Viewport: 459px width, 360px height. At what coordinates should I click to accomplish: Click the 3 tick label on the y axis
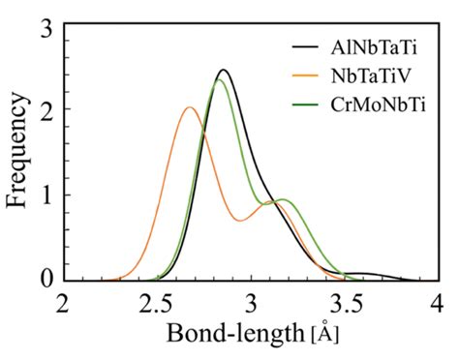[46, 29]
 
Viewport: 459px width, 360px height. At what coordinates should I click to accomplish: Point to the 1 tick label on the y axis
[46, 195]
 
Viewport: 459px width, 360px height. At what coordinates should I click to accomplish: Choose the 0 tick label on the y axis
[46, 279]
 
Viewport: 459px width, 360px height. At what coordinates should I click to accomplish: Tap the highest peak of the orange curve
[190, 107]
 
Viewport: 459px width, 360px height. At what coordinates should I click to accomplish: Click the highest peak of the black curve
[224, 70]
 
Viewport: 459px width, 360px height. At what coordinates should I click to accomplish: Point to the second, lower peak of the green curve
[283, 200]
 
